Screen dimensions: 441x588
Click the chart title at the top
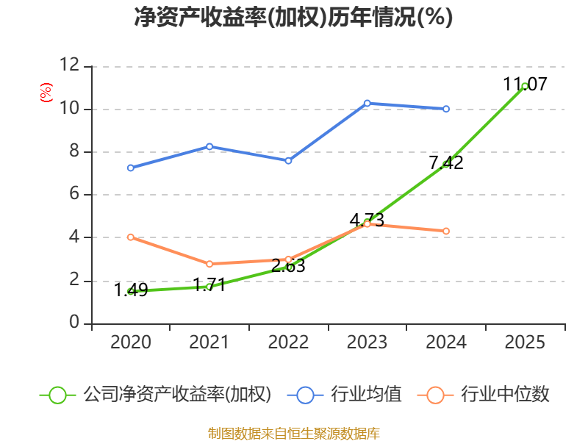pos(293,18)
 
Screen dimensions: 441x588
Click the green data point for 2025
pos(525,86)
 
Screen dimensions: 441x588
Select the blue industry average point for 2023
pos(367,103)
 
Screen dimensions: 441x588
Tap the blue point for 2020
pos(130,168)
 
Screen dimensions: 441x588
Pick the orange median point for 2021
pos(209,264)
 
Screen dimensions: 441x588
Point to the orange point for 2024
pos(446,231)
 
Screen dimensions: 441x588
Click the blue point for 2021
pos(209,146)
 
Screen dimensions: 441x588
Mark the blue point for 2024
pos(446,109)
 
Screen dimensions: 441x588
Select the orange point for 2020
pos(130,237)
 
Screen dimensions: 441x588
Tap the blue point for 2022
pos(288,160)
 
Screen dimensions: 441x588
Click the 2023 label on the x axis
pos(367,343)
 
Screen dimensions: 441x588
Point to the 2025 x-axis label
pos(525,343)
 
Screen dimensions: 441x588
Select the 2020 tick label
pos(130,343)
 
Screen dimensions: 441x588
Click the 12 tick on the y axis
pos(69,66)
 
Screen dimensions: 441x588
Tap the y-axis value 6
pos(74,195)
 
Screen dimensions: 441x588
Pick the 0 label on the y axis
pos(74,323)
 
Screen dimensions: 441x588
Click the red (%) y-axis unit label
pos(46,93)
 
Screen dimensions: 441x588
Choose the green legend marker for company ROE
pos(58,395)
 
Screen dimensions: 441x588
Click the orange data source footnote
pos(293,433)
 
